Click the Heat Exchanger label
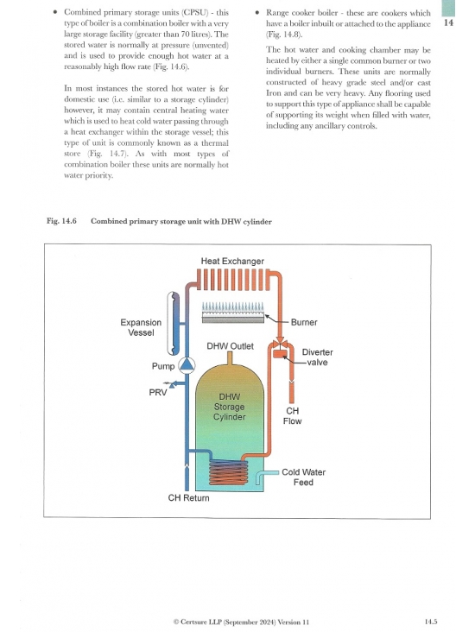point(232,262)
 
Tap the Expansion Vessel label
point(141,327)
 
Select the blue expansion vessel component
point(174,324)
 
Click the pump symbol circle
point(187,365)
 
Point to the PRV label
point(158,392)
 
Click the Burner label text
point(304,322)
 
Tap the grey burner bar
point(233,319)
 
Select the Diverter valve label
point(317,357)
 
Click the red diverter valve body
point(280,353)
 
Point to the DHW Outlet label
point(231,346)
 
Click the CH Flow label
point(292,416)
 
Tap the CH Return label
point(189,498)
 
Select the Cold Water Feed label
point(303,477)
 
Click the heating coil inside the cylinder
point(229,472)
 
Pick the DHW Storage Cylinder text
point(229,407)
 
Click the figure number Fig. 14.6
point(61,221)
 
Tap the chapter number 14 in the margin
point(448,22)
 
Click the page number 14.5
point(431,622)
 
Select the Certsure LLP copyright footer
point(241,622)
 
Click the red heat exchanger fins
point(233,280)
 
